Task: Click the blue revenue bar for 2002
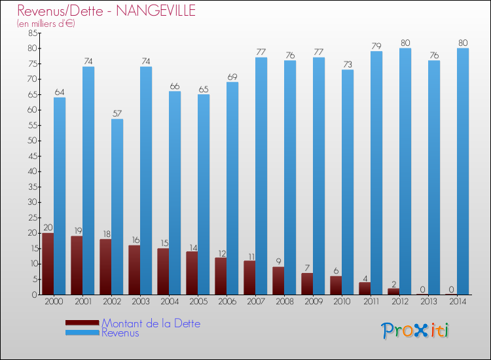coord(117,206)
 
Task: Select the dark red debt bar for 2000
coord(48,264)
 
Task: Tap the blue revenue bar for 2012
coord(405,171)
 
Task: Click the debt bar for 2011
coord(365,288)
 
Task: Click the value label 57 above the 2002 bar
coord(117,113)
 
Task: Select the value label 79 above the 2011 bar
coord(376,46)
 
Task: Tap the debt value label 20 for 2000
coord(48,228)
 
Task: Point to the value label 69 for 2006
coord(232,77)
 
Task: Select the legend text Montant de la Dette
coord(151,323)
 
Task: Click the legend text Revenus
coord(120,333)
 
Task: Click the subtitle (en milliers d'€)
coord(46,24)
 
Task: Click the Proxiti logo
coord(416,330)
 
